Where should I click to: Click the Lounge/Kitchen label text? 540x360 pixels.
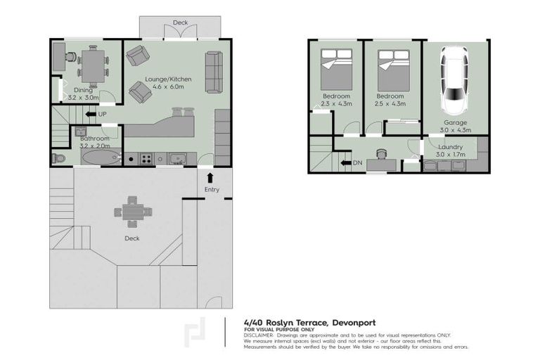click(167, 79)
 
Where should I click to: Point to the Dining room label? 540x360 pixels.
click(84, 90)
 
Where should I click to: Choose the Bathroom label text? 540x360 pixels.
click(94, 139)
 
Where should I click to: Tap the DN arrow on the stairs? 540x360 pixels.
click(345, 162)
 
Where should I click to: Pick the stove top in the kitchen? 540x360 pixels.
click(147, 158)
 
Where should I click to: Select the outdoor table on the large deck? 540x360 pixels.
click(131, 212)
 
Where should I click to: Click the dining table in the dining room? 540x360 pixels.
click(94, 65)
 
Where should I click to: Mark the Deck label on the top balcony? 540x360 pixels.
click(180, 23)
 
